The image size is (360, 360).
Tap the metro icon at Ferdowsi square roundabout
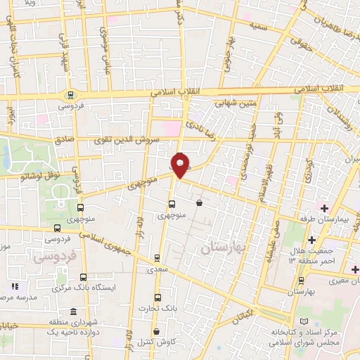pos(70,95)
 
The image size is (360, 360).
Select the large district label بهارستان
pos(226,248)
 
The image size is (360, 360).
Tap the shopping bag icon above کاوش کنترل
pos(156,330)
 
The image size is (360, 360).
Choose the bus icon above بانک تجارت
pos(156,297)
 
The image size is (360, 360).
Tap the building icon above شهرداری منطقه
pos(73,312)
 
